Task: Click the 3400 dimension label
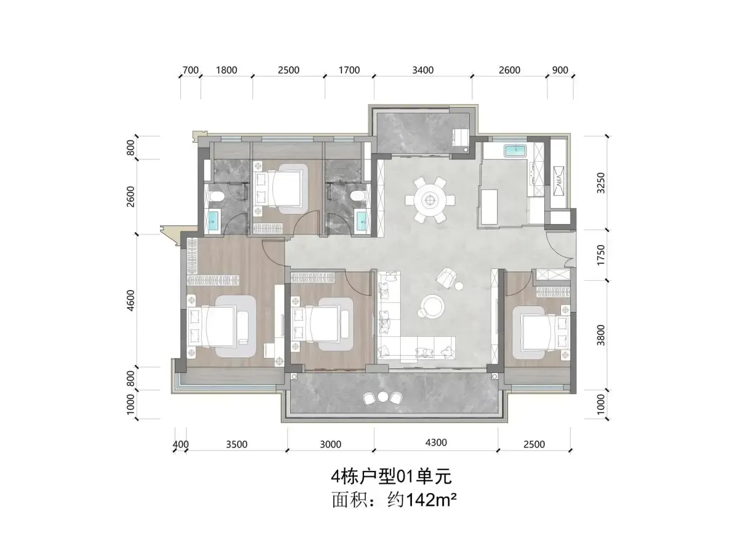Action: click(x=423, y=70)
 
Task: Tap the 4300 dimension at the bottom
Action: click(x=436, y=442)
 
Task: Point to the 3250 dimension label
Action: click(x=601, y=183)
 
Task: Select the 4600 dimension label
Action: click(x=131, y=301)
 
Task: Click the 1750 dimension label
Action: click(x=601, y=255)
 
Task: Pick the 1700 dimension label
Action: click(x=349, y=70)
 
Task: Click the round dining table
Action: click(x=430, y=200)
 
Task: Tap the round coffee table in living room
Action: click(x=433, y=307)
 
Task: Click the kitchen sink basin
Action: click(x=515, y=150)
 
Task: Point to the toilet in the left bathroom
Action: click(x=216, y=196)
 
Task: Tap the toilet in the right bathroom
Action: click(x=358, y=196)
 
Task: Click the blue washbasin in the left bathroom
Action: click(x=213, y=220)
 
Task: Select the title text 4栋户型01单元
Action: click(x=391, y=476)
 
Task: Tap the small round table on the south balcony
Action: click(x=383, y=397)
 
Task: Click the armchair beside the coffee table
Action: click(x=447, y=278)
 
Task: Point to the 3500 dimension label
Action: click(x=237, y=445)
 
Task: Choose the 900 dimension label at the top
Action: click(x=560, y=70)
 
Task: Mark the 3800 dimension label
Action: click(x=601, y=335)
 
